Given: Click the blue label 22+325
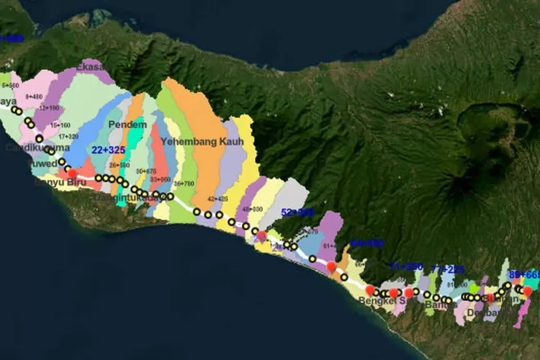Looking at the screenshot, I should (107, 149).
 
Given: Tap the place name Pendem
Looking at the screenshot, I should (127, 125).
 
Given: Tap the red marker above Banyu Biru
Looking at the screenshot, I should (72, 173).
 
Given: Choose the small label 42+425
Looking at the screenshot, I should (217, 198).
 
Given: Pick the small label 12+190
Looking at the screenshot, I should (49, 107).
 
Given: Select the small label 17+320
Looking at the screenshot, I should (68, 136).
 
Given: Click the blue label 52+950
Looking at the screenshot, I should (297, 212).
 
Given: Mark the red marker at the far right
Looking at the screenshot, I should (527, 291).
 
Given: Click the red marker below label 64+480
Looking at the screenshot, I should (331, 266).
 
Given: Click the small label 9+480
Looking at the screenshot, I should (33, 96).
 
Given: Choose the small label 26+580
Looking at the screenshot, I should (120, 165).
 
